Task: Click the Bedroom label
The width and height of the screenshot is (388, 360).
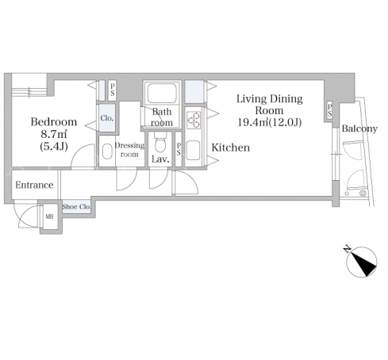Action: coord(54,122)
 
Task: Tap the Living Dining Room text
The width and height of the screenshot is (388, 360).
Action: coord(269,105)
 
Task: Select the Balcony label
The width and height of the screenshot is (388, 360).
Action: coord(359,128)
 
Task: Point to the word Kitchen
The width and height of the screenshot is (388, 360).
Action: coord(231,147)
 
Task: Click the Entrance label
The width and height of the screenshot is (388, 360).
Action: coord(34,185)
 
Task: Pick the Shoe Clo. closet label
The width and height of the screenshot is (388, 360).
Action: coord(77,206)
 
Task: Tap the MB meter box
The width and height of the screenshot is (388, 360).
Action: coord(50,216)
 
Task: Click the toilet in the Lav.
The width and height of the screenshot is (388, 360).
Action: coord(160,143)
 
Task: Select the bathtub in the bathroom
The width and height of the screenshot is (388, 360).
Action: coord(162,93)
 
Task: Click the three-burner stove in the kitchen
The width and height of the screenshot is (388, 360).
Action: coord(194,120)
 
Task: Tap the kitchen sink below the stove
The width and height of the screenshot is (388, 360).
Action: coord(194,150)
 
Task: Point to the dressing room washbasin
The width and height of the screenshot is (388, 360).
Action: coord(107,151)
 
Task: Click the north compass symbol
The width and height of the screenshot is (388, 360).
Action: coord(362,262)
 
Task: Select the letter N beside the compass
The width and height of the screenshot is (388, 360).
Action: coord(347,249)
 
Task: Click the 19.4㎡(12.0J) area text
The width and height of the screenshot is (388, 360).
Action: coord(270,122)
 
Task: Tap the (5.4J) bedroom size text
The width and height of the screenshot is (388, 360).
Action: coord(54,146)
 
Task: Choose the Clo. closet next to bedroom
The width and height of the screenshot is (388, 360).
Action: coord(107,118)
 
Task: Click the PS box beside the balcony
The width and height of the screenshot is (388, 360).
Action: coord(329,111)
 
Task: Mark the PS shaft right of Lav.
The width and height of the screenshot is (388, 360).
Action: coord(179,149)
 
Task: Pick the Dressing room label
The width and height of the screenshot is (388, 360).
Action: coord(129,150)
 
